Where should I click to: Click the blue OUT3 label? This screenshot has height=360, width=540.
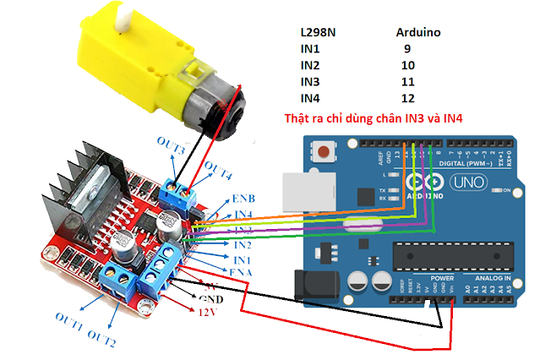[171, 150]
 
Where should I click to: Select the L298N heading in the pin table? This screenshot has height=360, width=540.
[320, 33]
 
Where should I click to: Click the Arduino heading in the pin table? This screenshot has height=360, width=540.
[419, 33]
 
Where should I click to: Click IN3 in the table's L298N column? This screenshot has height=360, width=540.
[312, 82]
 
